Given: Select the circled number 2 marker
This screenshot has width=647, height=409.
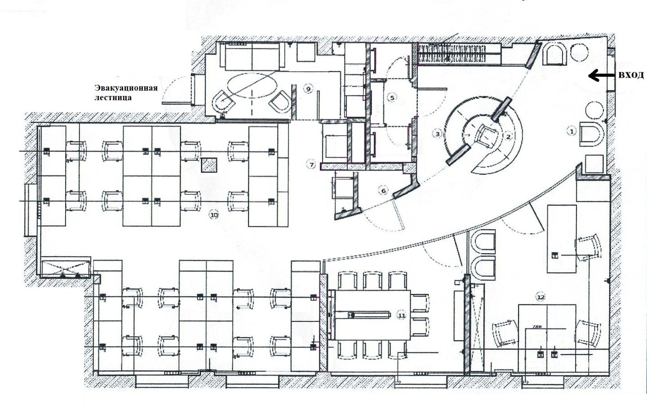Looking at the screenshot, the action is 508,136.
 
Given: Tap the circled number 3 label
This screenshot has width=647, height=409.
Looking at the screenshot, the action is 438,134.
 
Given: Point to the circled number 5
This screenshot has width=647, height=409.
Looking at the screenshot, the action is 392,97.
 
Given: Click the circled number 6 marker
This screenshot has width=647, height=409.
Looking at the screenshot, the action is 383,191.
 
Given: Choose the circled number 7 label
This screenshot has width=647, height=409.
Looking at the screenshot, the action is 311,165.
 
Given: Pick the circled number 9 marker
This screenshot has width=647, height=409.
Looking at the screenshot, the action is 308,89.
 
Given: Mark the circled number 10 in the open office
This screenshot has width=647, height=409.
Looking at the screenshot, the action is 214,215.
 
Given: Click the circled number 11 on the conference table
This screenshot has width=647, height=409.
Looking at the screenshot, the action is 402,316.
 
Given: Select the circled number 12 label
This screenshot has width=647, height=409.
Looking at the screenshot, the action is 540,297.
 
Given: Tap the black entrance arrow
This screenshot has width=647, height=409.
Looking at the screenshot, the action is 601,76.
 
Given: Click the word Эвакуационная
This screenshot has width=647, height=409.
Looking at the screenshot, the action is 126,88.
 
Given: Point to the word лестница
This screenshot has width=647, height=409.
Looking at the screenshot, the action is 113,97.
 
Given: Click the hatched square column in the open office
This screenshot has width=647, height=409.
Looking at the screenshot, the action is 209,165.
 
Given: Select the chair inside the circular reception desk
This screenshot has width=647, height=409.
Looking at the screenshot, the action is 486,136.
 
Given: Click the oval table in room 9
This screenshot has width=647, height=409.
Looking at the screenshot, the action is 252,85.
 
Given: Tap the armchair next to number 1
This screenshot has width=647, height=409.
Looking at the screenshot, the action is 591,134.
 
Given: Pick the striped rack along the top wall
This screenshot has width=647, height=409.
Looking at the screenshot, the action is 459,53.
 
